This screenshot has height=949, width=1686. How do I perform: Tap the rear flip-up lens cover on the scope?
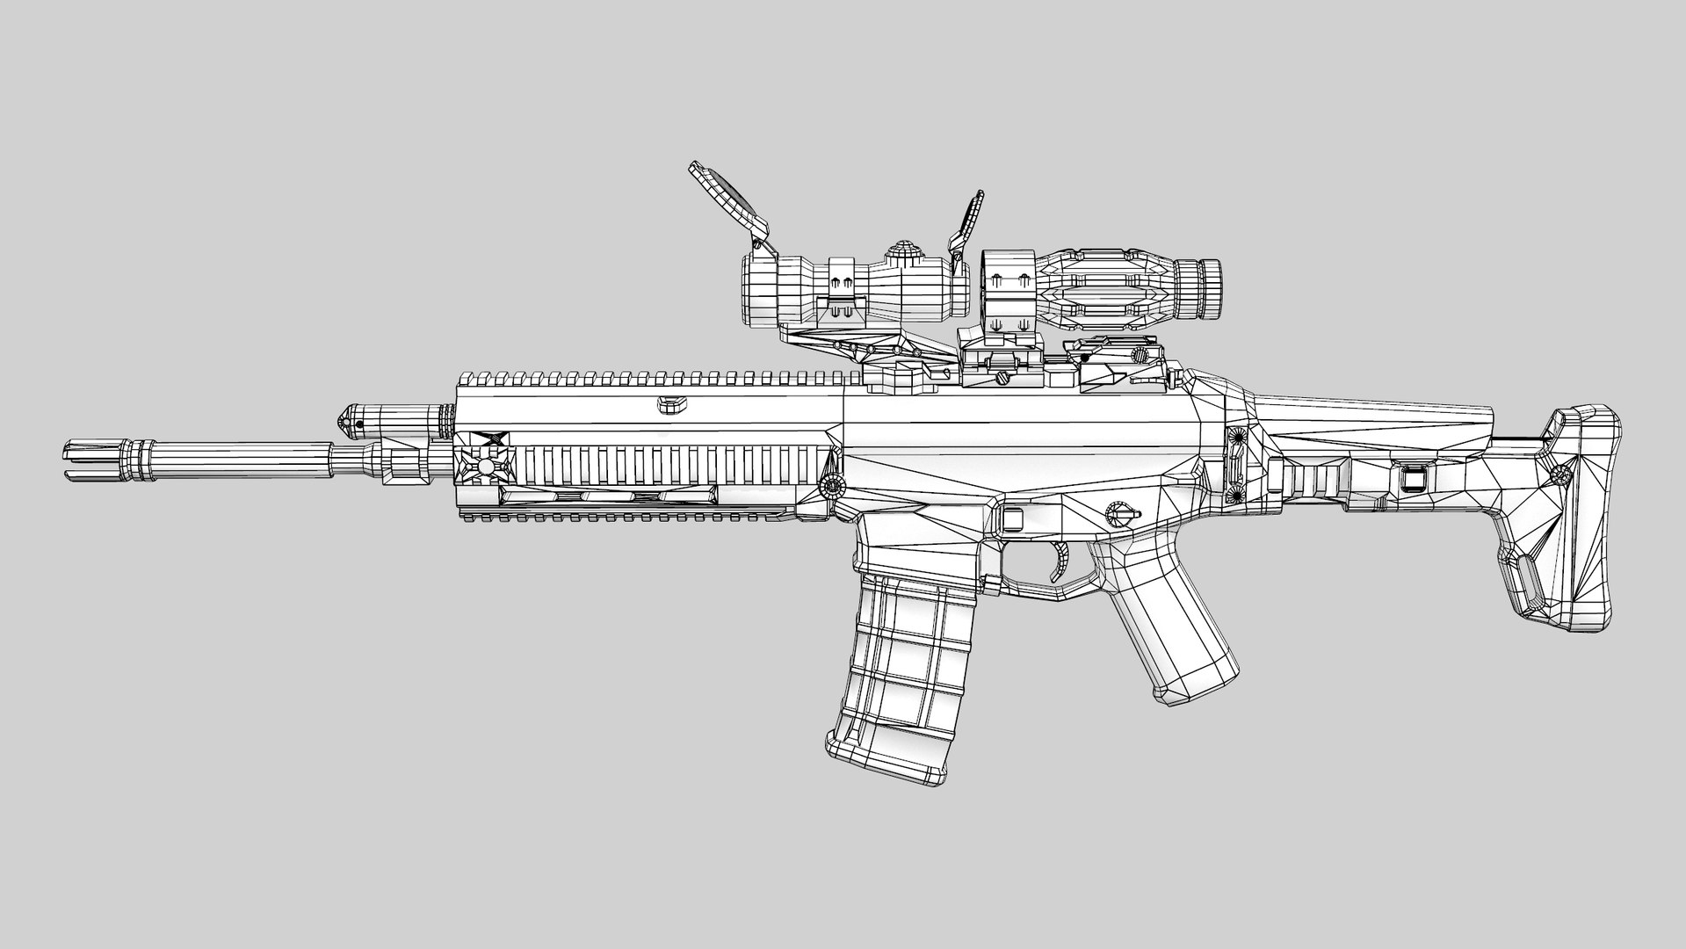point(966,220)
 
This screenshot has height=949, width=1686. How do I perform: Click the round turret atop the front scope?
point(901,252)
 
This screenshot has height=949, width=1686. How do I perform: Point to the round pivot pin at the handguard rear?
point(829,487)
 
